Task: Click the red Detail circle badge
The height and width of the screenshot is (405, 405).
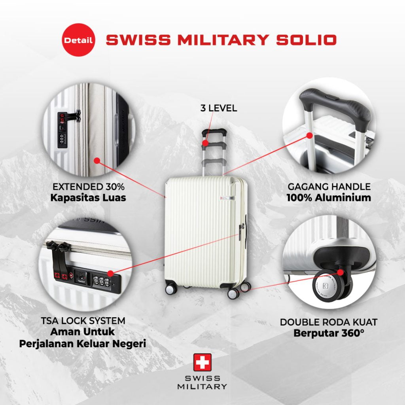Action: click(x=79, y=40)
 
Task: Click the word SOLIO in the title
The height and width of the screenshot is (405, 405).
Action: click(x=307, y=40)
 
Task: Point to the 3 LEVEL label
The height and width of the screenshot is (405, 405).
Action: click(x=218, y=108)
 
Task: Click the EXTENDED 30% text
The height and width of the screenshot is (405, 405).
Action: click(x=89, y=187)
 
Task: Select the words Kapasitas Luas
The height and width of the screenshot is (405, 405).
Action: click(x=88, y=198)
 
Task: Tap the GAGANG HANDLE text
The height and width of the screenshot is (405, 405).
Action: click(x=329, y=187)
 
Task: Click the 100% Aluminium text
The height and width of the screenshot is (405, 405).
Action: click(x=329, y=198)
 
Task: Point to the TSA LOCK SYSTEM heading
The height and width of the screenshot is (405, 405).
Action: click(x=83, y=320)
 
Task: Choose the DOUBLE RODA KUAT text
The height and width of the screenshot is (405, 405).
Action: click(x=329, y=322)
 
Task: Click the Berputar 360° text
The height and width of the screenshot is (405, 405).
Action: click(x=329, y=333)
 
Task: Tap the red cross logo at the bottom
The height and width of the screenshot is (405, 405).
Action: click(x=202, y=362)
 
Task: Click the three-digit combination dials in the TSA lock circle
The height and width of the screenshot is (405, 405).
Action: click(x=101, y=281)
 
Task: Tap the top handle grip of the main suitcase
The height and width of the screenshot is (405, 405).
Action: click(x=214, y=132)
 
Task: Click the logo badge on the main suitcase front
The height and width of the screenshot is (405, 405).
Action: click(x=227, y=198)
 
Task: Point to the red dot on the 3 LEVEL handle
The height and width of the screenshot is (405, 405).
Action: click(x=205, y=143)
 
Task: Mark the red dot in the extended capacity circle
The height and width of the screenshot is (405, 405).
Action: click(x=97, y=161)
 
